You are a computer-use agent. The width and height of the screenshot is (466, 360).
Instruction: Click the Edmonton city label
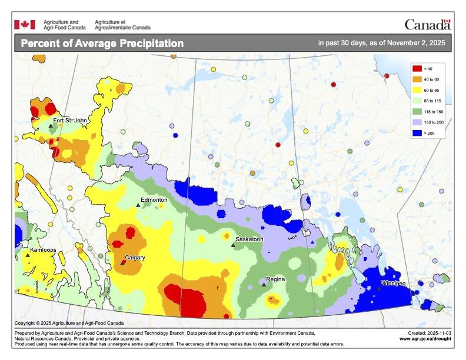pyautogui.click(x=155, y=199)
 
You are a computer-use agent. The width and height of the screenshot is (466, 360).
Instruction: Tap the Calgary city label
pyautogui.click(x=135, y=258)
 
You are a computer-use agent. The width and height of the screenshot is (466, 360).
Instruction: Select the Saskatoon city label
pyautogui.click(x=249, y=240)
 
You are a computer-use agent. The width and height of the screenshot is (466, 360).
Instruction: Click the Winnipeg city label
pyautogui.click(x=393, y=284)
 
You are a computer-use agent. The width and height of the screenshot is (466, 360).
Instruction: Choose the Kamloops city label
pyautogui.click(x=43, y=250)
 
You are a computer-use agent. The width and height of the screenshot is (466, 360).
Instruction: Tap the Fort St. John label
pyautogui.click(x=70, y=121)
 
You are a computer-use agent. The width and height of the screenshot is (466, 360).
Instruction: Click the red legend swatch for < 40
pyautogui.click(x=417, y=69)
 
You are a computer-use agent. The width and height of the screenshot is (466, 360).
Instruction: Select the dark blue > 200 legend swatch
pyautogui.click(x=417, y=134)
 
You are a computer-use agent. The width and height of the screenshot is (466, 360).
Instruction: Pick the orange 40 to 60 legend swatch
pyautogui.click(x=417, y=79)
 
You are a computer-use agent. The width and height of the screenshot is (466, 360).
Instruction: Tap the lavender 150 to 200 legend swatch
pyautogui.click(x=417, y=122)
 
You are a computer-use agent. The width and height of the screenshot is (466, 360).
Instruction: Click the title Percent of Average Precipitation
pyautogui.click(x=102, y=43)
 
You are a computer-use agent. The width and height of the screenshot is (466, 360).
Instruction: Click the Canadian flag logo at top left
pyautogui.click(x=25, y=24)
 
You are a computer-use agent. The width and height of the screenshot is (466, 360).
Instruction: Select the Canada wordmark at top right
pyautogui.click(x=427, y=24)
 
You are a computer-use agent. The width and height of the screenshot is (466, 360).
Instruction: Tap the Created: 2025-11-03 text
pyautogui.click(x=428, y=332)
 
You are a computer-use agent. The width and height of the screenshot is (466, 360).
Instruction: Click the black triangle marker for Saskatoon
pyautogui.click(x=233, y=245)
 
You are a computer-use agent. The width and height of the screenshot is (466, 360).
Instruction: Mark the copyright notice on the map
pyautogui.click(x=69, y=323)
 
